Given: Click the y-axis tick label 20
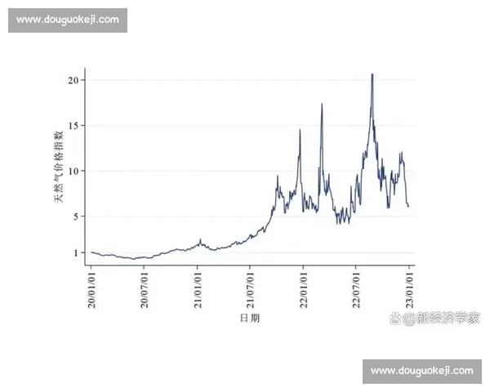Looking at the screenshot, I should [x=73, y=80].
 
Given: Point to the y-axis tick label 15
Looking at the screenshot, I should [x=73, y=126].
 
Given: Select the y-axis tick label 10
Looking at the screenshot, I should [x=73, y=171].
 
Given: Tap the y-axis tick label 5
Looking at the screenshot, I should [x=76, y=216].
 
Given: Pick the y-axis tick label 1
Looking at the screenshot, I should [x=76, y=253].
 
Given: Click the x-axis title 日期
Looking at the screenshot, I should [x=250, y=318].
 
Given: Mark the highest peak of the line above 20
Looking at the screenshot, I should [x=372, y=74].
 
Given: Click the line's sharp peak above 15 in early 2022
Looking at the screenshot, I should [x=322, y=105].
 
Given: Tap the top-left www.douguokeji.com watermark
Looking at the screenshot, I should [x=69, y=20].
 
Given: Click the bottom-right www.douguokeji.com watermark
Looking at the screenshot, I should [x=421, y=372].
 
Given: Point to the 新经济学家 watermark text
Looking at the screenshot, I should [x=448, y=318].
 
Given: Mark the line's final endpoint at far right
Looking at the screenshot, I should [x=408, y=207].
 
